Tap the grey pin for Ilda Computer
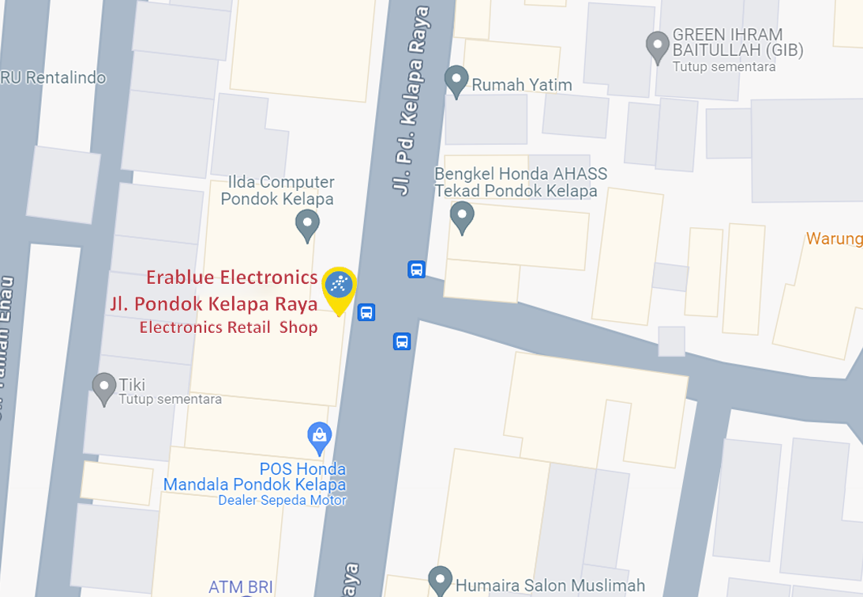point(307,224)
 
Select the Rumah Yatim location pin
point(456,80)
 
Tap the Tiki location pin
point(104,387)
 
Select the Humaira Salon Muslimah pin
point(440,580)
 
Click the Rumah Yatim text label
point(522,84)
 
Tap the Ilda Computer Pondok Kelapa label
point(277,191)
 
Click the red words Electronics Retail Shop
point(229,327)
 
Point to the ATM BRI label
point(241,587)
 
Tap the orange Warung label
point(834,238)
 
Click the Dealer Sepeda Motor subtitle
point(282,500)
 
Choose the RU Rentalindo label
point(53,78)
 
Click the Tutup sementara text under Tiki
point(170,399)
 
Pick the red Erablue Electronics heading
point(232,278)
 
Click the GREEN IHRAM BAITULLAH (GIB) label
point(737,43)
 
